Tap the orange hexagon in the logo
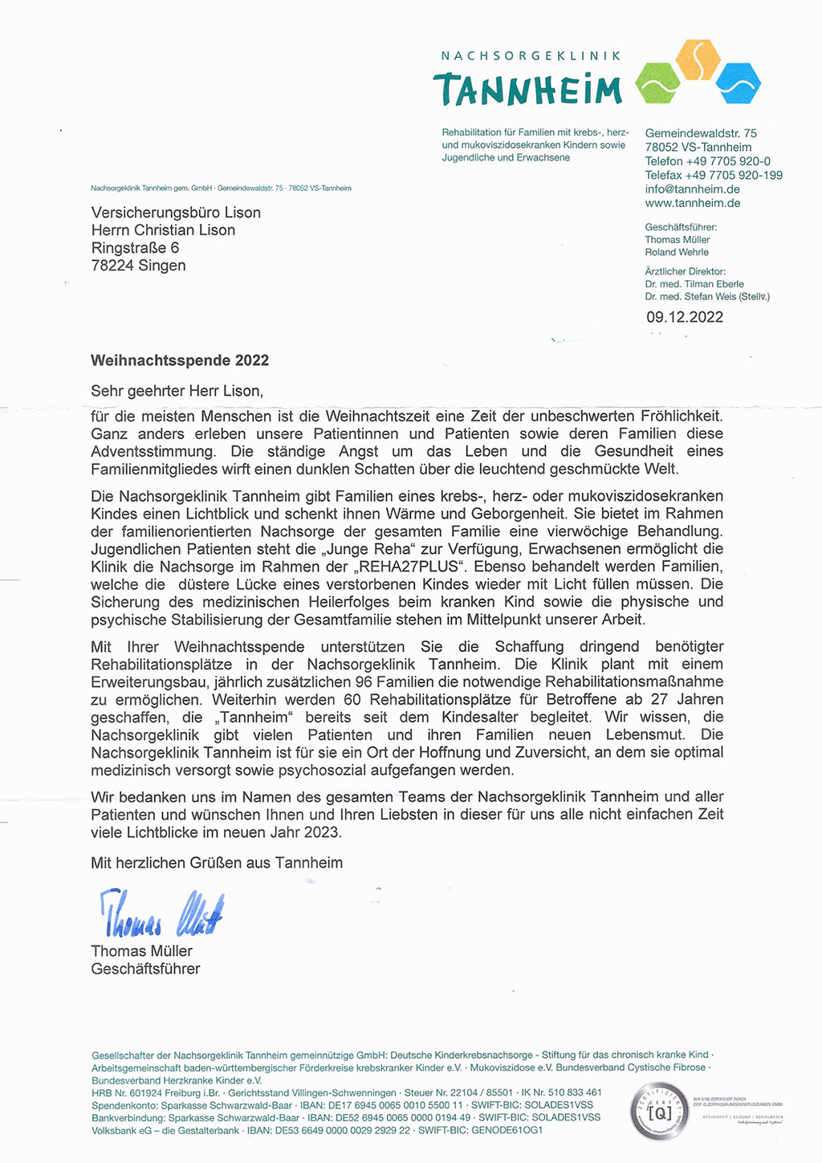pyautogui.click(x=698, y=59)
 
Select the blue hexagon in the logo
pyautogui.click(x=738, y=82)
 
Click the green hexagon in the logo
pyautogui.click(x=657, y=83)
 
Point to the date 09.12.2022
pyautogui.click(x=685, y=317)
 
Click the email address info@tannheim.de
pyautogui.click(x=692, y=189)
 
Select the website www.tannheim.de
pyautogui.click(x=692, y=203)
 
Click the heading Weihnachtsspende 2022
pyautogui.click(x=180, y=360)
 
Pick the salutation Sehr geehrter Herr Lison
pyautogui.click(x=177, y=391)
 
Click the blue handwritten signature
pyautogui.click(x=161, y=913)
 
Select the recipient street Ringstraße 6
pyautogui.click(x=135, y=248)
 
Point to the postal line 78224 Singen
pyautogui.click(x=138, y=266)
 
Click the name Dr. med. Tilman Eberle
pyautogui.click(x=694, y=284)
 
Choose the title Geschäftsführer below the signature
pyautogui.click(x=145, y=969)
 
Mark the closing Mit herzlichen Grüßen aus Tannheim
pyautogui.click(x=217, y=863)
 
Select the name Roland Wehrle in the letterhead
pyautogui.click(x=677, y=252)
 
